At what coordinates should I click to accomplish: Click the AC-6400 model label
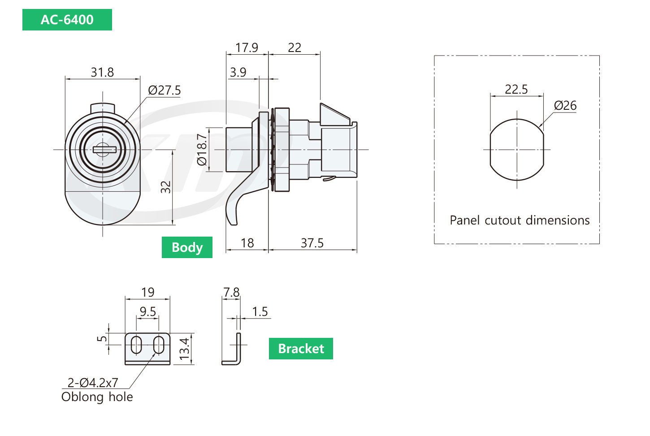[x=67, y=20]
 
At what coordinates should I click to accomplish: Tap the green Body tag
[x=187, y=247]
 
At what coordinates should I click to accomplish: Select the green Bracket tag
[x=301, y=349]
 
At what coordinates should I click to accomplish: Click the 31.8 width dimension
[x=102, y=72]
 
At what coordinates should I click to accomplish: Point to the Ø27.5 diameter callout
[x=164, y=90]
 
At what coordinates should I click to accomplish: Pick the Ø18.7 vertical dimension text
[x=202, y=150]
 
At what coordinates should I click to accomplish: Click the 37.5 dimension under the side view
[x=312, y=243]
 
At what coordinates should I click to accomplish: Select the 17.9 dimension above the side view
[x=247, y=47]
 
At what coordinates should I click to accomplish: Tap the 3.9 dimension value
[x=238, y=72]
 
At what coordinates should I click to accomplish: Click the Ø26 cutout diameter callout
[x=565, y=106]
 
